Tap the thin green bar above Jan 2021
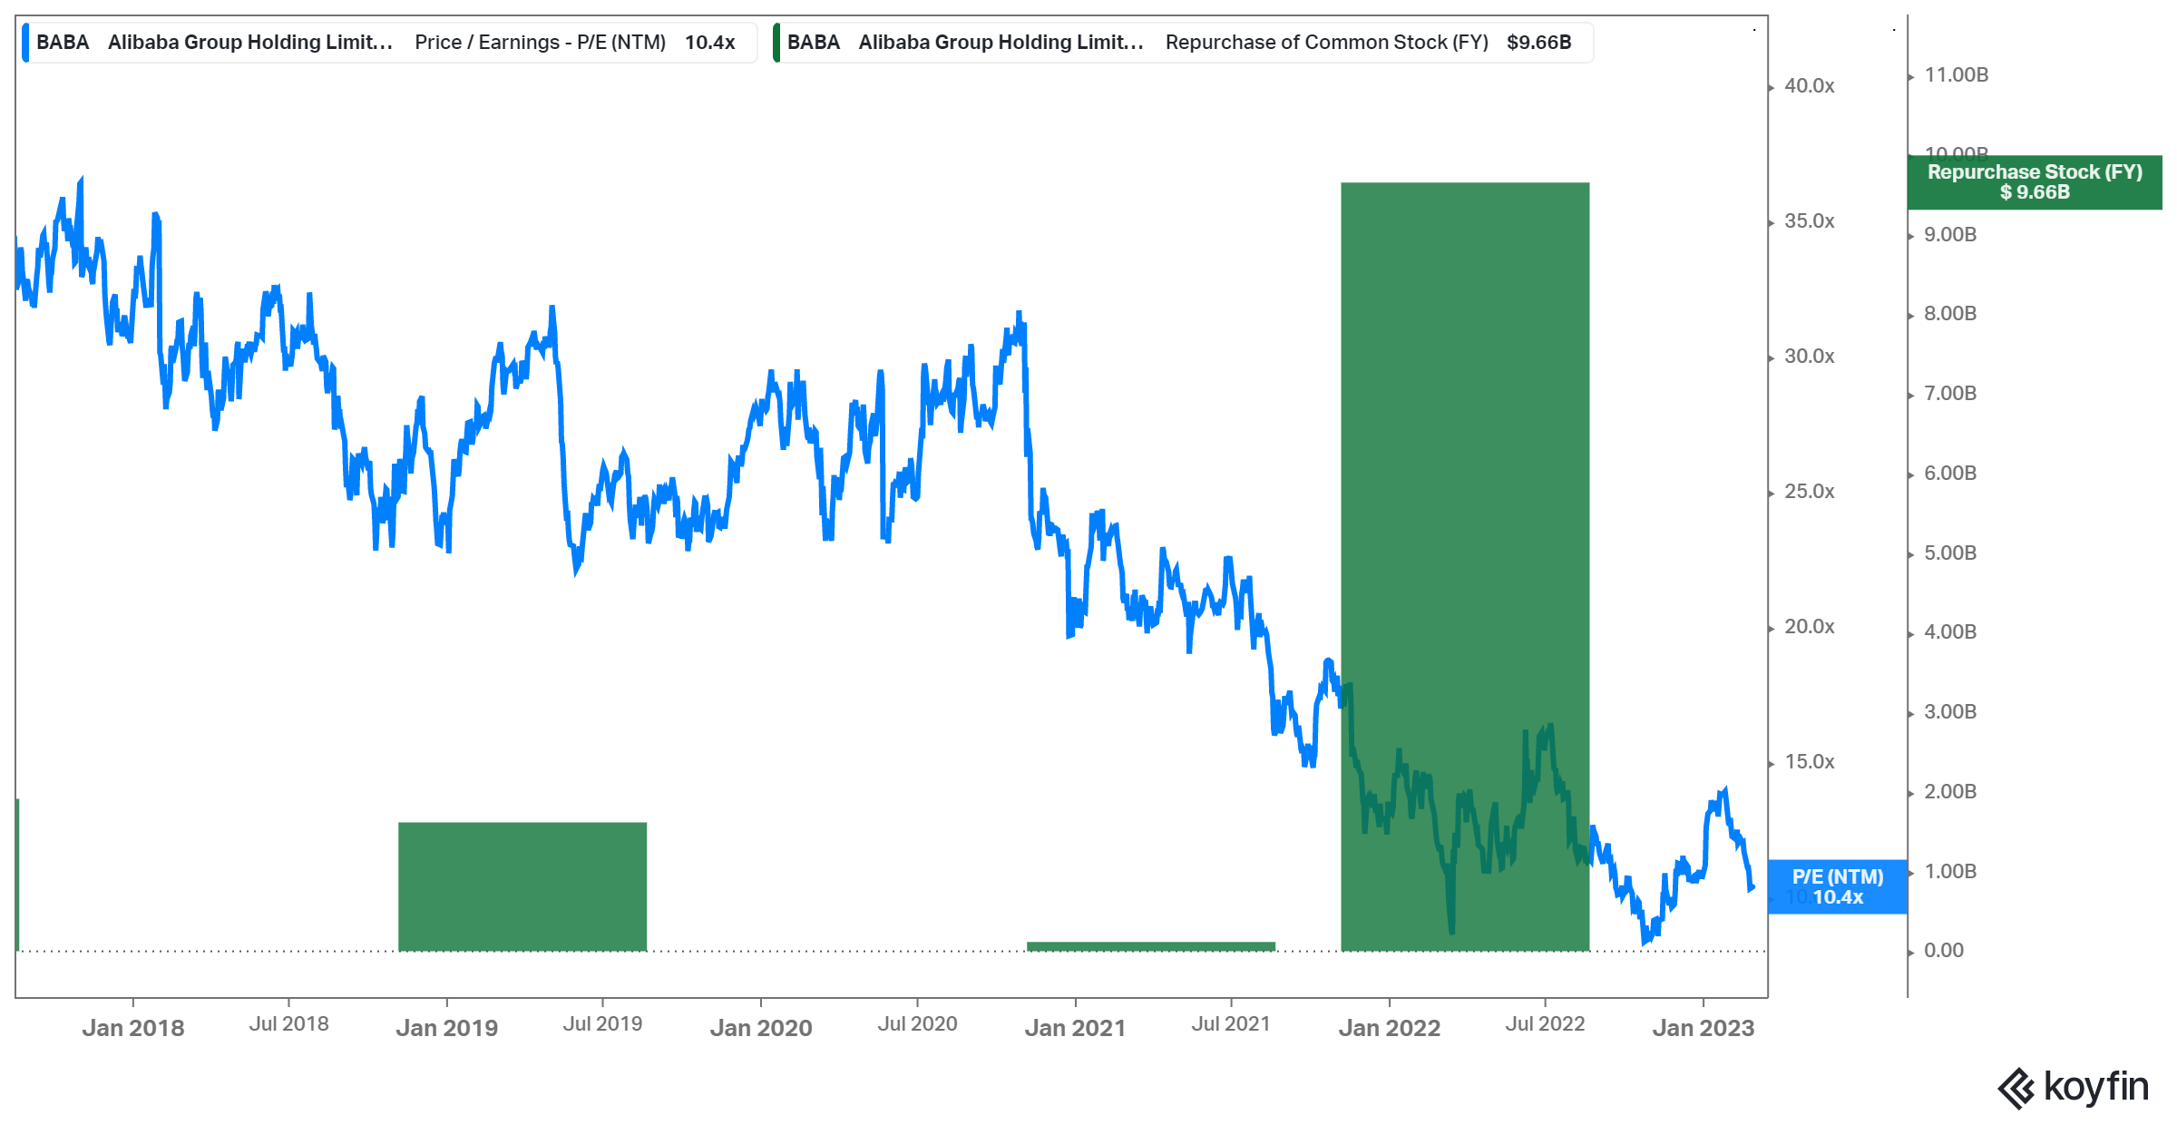tap(1150, 946)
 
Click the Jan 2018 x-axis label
tap(133, 1028)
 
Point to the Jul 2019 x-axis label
tap(602, 1024)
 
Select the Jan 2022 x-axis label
tap(1389, 1028)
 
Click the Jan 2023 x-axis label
tap(1703, 1028)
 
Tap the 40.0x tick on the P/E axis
tap(1809, 86)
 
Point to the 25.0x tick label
tap(1809, 492)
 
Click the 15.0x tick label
tap(1809, 762)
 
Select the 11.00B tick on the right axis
tap(1957, 75)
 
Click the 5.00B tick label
tap(1950, 553)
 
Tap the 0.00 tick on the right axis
tap(1943, 951)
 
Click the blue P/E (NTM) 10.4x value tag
tap(1837, 886)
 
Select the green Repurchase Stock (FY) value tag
tap(2034, 181)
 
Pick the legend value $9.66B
tap(1538, 43)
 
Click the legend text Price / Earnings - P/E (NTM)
tap(540, 43)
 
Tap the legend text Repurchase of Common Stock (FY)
tap(1326, 43)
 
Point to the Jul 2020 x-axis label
tap(917, 1024)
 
